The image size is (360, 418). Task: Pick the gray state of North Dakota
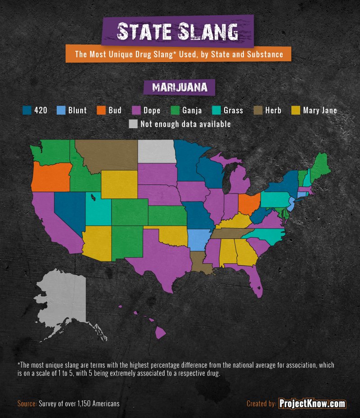[156, 151]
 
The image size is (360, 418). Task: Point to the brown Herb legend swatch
[259, 110]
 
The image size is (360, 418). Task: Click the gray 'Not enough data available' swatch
[133, 124]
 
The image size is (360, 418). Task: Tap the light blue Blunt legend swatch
[61, 110]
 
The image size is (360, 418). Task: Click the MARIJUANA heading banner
[180, 87]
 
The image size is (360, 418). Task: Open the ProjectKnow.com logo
[312, 404]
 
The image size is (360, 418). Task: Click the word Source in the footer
[27, 404]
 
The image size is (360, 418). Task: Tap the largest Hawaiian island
[161, 333]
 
